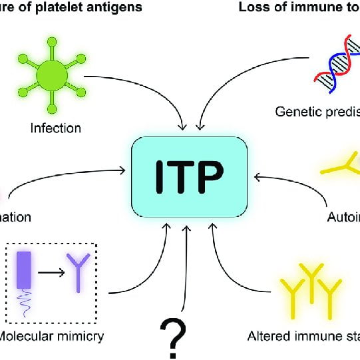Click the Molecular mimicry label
point(53,336)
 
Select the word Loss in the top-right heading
point(253,7)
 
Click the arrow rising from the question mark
point(188,266)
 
